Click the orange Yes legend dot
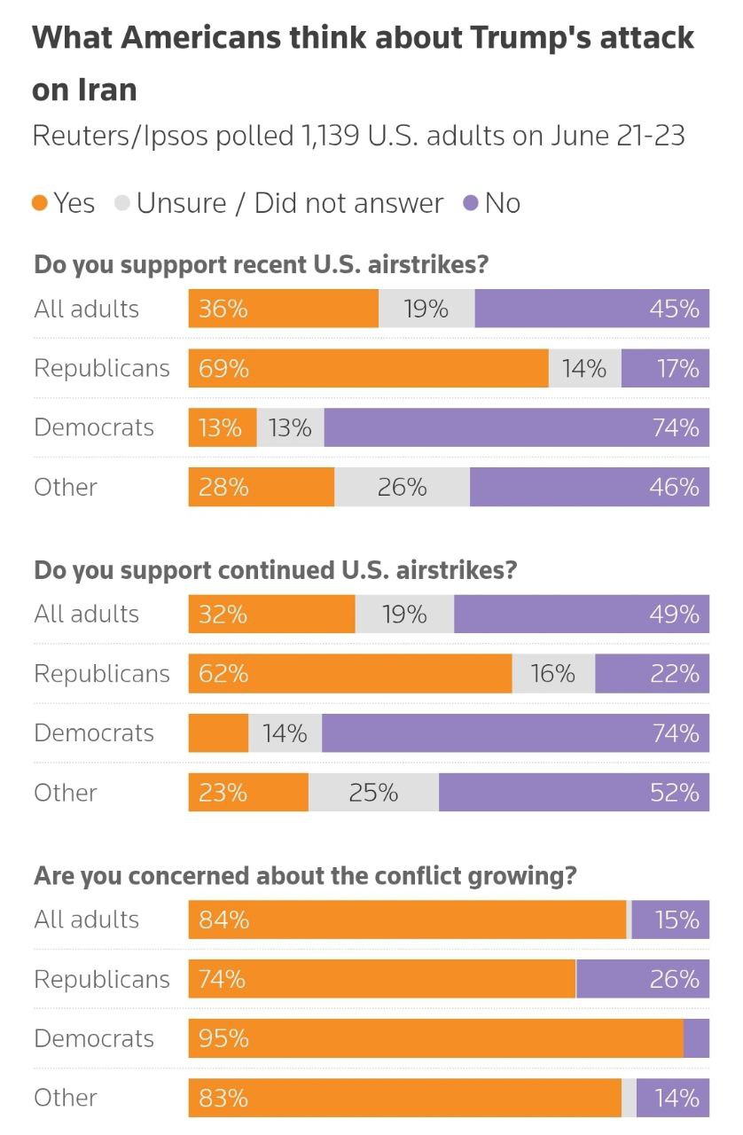(40, 203)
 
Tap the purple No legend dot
(471, 203)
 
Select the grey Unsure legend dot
(122, 203)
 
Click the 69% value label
(223, 368)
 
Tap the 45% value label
(674, 309)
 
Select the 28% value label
(223, 487)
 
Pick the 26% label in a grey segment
(402, 487)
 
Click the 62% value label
(223, 674)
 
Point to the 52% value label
(674, 792)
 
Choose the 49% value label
(674, 614)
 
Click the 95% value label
(223, 1038)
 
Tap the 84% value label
(223, 920)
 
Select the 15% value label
(677, 920)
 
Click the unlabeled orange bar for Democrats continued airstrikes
(218, 733)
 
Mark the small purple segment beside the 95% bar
(696, 1038)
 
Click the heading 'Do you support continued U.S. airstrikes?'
(275, 570)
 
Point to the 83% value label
(223, 1098)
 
